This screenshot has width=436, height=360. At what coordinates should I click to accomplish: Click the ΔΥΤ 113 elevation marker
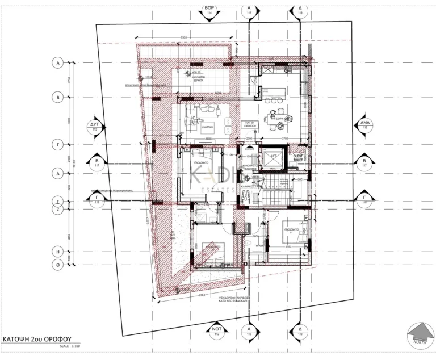click(x=95, y=126)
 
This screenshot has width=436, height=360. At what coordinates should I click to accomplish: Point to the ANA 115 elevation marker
click(x=364, y=126)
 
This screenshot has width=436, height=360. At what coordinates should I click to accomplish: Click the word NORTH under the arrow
click(x=419, y=342)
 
